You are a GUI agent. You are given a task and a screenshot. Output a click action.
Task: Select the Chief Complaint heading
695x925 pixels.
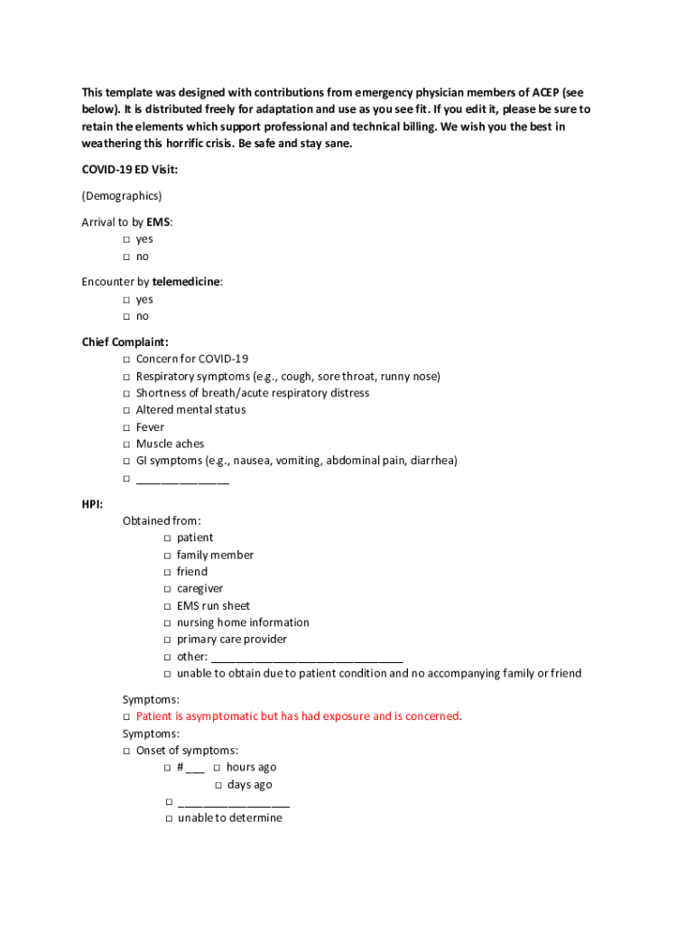[125, 341]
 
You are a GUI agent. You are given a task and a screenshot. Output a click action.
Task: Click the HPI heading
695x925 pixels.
[92, 503]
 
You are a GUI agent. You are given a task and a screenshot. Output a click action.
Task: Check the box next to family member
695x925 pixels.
[168, 556]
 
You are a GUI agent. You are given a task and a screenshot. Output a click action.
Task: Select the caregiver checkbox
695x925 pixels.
[168, 589]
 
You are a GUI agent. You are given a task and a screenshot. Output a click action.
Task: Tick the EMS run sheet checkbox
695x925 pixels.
[168, 606]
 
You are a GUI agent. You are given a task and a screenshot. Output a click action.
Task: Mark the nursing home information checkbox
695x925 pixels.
[168, 623]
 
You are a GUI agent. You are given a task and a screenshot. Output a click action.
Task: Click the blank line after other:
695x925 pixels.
[306, 658]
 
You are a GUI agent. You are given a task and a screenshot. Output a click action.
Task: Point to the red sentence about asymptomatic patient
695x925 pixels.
[298, 716]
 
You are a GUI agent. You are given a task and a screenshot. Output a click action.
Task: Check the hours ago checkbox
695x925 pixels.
[218, 768]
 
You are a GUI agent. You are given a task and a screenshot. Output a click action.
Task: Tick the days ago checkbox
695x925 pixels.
[218, 785]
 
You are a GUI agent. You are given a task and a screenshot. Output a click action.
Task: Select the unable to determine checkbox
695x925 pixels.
[168, 818]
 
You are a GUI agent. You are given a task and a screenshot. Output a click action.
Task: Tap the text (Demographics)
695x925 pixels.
[122, 195]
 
